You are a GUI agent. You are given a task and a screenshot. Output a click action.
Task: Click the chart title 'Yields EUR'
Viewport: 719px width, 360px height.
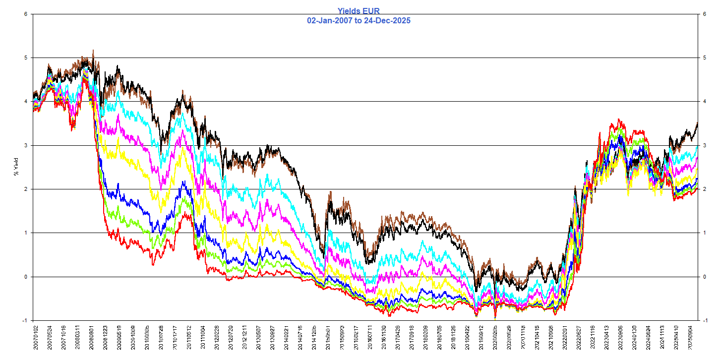pos(359,10)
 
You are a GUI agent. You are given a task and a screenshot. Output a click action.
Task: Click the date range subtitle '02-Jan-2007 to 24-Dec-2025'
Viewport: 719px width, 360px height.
pos(359,20)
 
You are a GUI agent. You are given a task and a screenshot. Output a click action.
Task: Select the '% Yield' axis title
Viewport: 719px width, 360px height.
pos(16,167)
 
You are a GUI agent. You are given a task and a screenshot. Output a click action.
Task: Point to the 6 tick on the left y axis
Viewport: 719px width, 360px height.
pos(25,14)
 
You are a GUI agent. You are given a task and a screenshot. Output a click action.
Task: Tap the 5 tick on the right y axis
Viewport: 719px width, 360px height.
pos(704,58)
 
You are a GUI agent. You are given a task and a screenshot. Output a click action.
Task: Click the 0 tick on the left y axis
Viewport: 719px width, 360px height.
pos(25,277)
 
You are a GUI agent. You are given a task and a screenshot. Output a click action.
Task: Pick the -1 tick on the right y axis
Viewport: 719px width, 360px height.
pos(705,320)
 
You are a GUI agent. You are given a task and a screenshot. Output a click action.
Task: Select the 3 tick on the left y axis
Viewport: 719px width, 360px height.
pos(25,145)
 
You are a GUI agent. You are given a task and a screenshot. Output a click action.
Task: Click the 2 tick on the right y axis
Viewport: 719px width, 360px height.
pos(704,189)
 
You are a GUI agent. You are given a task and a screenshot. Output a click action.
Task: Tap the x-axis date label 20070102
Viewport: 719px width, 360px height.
pos(35,339)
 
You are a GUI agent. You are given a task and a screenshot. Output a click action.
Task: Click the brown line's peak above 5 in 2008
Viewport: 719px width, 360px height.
pos(93,50)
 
